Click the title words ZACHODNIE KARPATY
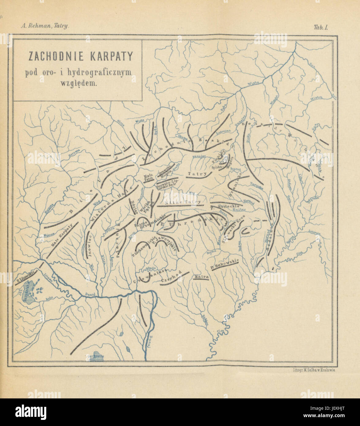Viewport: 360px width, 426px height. pos(81,56)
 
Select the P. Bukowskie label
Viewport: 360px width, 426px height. pos(224,264)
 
